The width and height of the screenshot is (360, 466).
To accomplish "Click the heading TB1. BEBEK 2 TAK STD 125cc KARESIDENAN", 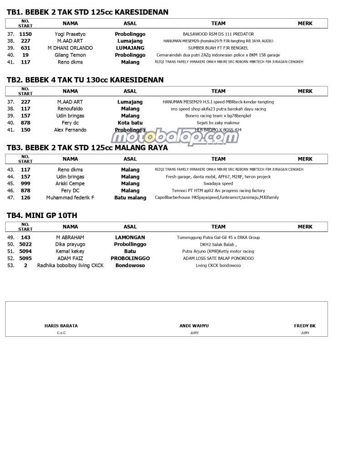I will pos(87,12).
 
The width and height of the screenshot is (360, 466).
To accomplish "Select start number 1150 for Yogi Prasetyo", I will pos(25,34).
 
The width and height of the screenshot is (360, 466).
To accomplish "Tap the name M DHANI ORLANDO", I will pos(70,48).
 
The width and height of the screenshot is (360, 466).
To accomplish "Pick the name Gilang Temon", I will pos(70,55).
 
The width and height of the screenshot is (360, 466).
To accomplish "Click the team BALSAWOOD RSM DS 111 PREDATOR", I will pos(218,34).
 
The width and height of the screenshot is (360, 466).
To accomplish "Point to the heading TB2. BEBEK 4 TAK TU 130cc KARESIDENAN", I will pos(85,80).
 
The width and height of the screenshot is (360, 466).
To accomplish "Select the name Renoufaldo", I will pos(70,109).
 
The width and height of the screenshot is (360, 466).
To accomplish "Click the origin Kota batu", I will pos(130,123).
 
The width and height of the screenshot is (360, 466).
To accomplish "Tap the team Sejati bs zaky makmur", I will pos(218,123).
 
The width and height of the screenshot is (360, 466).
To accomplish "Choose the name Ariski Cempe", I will pos(70,184).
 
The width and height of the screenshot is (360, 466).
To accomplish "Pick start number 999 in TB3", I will pos(25,184).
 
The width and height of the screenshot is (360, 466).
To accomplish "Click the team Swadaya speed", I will pos(218,184).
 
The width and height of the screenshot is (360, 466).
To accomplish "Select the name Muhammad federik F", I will pos(70,198).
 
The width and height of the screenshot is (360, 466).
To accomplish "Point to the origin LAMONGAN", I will pos(130,238).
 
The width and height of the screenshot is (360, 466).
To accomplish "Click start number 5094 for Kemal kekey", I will pos(25,251).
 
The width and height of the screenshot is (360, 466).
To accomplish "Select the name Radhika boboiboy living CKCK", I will pos(70,265).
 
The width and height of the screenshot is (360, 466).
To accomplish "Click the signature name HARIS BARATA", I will pos(61,326).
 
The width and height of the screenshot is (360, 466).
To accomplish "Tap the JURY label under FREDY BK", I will pos(305,333).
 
